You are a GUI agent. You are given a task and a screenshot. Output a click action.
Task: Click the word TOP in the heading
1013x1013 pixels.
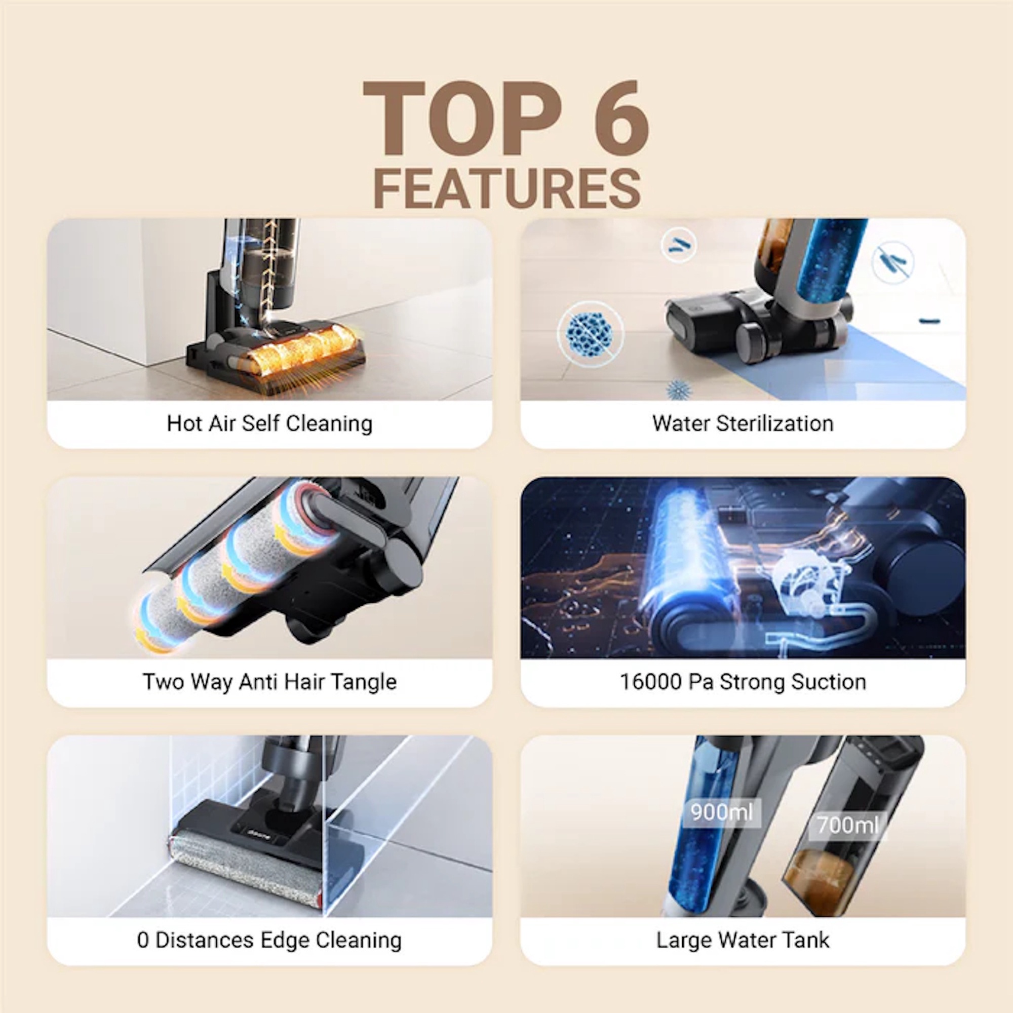click(x=461, y=119)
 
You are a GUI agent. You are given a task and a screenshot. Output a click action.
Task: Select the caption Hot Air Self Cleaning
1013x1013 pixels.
click(x=269, y=423)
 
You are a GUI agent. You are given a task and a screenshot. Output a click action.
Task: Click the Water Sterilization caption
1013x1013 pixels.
click(x=743, y=423)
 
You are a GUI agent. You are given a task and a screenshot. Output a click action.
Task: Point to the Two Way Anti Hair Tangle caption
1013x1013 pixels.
click(x=269, y=682)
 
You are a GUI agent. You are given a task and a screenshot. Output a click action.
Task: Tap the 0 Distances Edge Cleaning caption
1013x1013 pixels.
click(x=269, y=940)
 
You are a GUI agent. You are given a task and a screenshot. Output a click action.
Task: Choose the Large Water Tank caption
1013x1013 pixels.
click(x=743, y=940)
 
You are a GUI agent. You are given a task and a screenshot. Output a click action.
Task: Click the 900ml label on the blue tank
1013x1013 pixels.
click(x=722, y=813)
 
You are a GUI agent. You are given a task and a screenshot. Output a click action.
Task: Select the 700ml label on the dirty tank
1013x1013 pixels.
click(x=848, y=826)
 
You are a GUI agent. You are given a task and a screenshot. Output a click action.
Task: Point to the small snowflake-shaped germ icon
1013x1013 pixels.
click(x=678, y=390)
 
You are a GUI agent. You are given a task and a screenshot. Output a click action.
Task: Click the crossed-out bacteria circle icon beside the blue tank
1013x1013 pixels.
click(x=893, y=262)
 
